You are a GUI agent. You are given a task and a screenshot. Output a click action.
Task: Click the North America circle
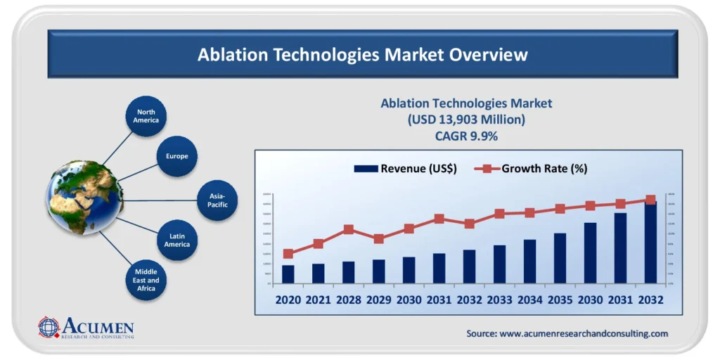point(147,116)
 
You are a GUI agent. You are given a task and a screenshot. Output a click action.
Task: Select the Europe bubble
point(177,156)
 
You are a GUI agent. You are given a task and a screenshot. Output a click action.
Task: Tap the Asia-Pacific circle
point(217,200)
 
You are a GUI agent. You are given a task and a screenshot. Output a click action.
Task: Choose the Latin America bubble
point(177,240)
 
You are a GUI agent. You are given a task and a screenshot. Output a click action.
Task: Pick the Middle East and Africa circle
point(147,281)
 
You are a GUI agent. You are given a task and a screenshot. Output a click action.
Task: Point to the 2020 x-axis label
point(288,300)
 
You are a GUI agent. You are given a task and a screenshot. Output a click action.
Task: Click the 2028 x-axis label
point(348,300)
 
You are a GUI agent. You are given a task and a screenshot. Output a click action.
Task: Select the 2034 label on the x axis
point(529,300)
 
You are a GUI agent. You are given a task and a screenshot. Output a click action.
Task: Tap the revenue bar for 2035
point(560,258)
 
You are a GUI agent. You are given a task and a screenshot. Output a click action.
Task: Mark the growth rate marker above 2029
point(378,239)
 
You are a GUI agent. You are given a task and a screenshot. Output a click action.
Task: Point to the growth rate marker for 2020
point(288,254)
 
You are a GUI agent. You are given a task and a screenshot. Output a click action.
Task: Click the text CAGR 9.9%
point(466,136)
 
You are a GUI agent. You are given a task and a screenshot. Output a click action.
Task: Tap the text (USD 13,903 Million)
point(466,120)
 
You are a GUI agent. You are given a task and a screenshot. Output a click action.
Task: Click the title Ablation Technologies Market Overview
point(362,54)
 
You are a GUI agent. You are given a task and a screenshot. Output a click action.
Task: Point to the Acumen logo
point(86,328)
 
